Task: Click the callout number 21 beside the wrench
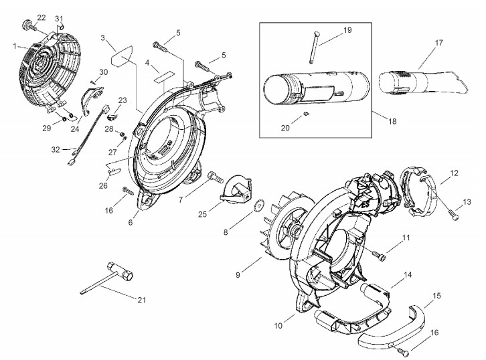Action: point(142,300)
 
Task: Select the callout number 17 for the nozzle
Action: point(439,42)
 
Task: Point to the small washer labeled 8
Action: point(257,207)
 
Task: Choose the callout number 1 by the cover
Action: point(15,46)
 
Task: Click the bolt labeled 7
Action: point(216,177)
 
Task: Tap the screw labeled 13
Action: point(454,215)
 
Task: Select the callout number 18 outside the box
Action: point(392,121)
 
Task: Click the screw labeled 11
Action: point(379,255)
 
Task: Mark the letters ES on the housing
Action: point(366,205)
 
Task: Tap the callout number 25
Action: point(202,214)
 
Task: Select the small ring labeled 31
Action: point(62,27)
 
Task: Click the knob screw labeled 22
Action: point(29,25)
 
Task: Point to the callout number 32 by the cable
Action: point(56,150)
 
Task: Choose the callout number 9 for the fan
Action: point(238,274)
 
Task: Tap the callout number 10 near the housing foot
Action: point(278,326)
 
